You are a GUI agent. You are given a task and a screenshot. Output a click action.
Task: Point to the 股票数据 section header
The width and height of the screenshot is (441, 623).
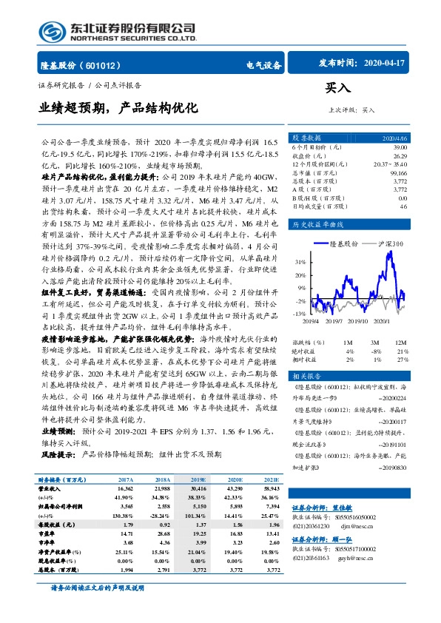coord(306,138)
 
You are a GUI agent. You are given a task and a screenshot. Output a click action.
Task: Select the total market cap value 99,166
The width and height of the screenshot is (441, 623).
coord(398,172)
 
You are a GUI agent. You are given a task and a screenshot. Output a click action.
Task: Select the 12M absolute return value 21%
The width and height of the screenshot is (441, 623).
coord(402,351)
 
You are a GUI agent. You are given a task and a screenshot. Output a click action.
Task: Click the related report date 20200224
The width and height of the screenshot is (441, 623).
coord(391,397)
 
